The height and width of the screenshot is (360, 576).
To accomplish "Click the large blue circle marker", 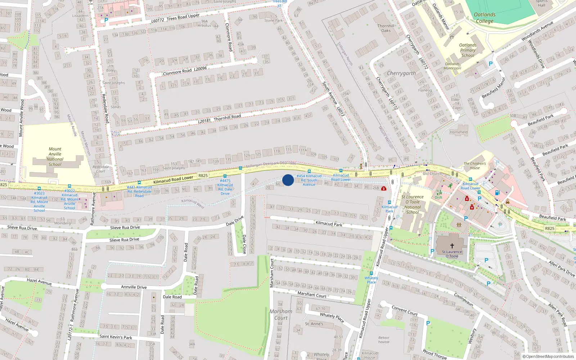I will tap(288, 180).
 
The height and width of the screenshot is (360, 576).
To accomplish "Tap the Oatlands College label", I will tap(485, 18).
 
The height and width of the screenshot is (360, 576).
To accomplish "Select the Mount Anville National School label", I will tap(55, 157).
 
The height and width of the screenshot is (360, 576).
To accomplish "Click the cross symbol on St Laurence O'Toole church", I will tap(452, 246).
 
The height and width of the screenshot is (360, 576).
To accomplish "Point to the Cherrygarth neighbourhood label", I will tap(401, 73).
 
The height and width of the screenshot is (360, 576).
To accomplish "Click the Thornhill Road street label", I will tap(220, 119).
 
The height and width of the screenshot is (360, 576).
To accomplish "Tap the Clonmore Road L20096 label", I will tap(185, 71).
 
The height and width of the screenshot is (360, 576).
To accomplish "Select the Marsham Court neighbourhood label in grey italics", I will tap(281, 315).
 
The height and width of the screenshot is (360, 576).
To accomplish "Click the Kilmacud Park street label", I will tap(329, 224).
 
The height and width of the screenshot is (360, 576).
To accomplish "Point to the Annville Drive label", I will tap(134, 287).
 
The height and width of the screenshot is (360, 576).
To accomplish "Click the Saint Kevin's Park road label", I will tap(116, 337).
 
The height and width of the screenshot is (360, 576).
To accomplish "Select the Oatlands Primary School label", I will tap(468, 50).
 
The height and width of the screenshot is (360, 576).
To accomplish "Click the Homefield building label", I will tap(459, 132).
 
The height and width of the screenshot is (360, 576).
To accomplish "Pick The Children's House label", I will tap(474, 166).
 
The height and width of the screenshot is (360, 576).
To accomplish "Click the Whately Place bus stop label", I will tap(371, 280).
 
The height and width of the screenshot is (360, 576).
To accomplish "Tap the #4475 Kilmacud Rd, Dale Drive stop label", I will tap(225, 187).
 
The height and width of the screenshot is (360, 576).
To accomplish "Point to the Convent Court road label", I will tap(405, 311).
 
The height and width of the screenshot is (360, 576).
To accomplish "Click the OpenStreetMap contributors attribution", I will tap(548, 356).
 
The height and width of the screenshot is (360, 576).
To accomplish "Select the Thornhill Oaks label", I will tap(386, 28).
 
